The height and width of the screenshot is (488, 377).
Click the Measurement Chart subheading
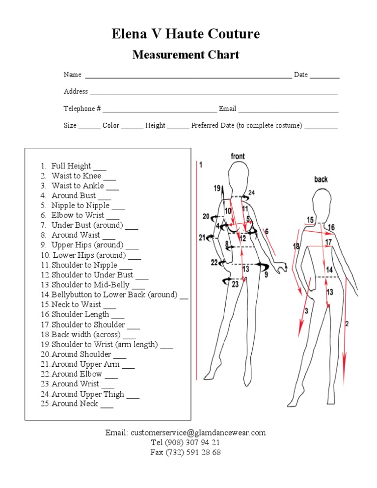(x=186, y=54)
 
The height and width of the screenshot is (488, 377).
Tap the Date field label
(x=301, y=75)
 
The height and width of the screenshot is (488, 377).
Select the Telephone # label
(x=82, y=108)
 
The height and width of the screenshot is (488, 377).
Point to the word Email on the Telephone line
(x=227, y=108)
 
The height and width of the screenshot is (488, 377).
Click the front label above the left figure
(x=238, y=156)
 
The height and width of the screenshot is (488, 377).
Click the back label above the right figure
(x=321, y=179)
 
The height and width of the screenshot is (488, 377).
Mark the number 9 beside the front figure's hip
(x=266, y=275)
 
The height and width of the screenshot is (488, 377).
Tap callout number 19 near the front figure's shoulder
(x=217, y=188)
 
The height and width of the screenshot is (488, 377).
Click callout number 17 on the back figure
(x=328, y=242)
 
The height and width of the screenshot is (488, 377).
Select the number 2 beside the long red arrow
(x=347, y=324)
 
